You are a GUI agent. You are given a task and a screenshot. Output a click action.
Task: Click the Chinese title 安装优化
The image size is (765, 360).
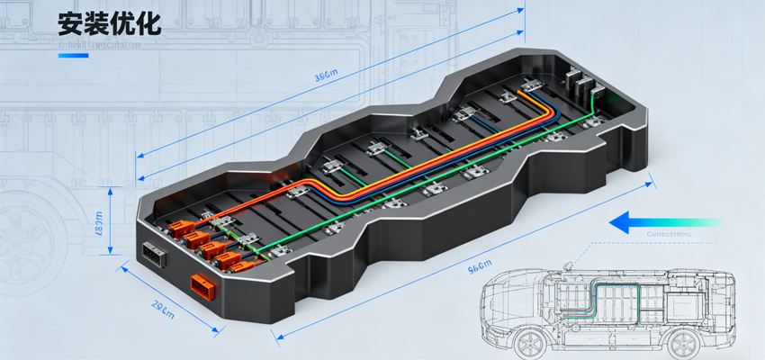click(109, 23)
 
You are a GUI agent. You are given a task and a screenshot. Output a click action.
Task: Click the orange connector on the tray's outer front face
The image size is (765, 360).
click(199, 287)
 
